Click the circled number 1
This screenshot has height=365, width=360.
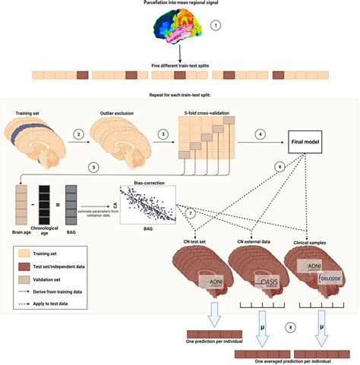(x=216, y=25)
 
